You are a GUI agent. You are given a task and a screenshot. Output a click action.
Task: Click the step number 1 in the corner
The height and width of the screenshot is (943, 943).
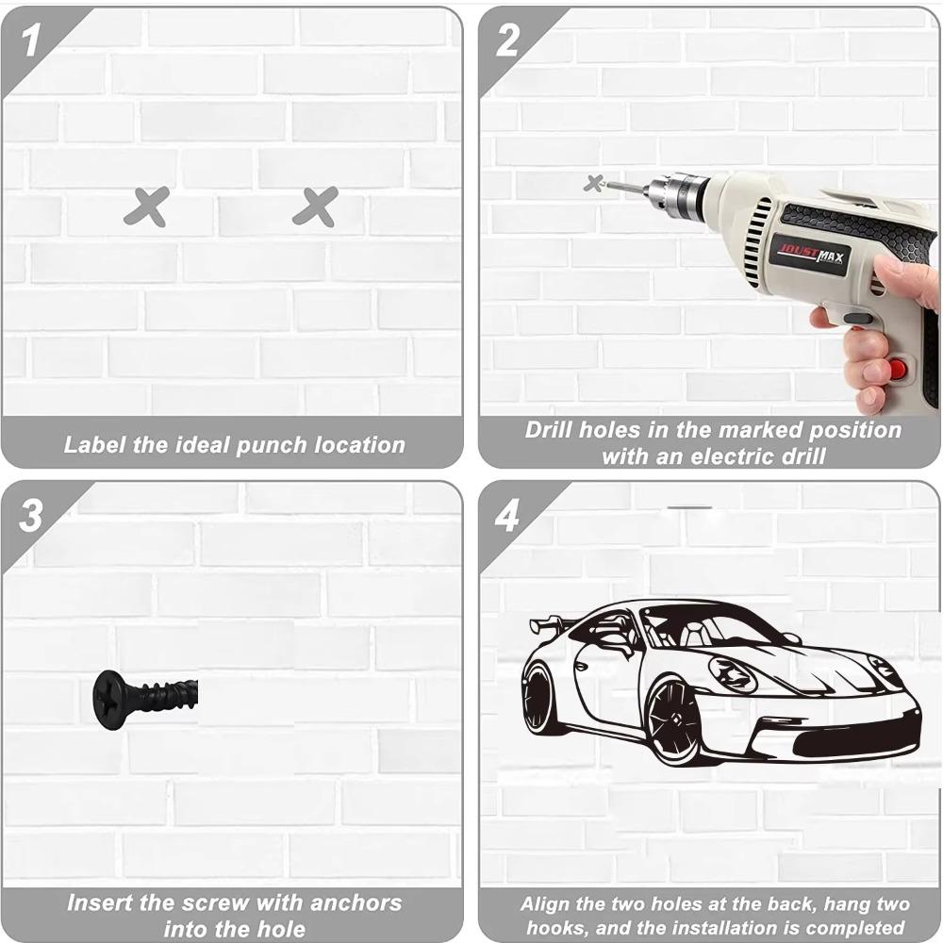coord(31,41)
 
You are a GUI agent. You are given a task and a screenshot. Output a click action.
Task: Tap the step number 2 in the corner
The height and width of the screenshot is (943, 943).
coord(507,41)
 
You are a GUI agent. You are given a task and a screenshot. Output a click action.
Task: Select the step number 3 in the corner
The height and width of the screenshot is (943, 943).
coord(31,516)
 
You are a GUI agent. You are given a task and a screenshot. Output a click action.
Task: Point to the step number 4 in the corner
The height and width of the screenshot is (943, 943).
coord(507,516)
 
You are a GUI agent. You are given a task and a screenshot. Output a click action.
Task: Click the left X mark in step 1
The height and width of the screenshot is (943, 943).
coord(146,207)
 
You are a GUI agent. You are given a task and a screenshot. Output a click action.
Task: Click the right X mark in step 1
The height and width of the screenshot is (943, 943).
coord(315,207)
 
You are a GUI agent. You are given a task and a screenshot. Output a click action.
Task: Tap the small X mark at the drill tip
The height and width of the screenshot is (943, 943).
coord(593,183)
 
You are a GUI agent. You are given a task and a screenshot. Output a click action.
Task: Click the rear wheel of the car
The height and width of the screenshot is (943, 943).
coord(540,699)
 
